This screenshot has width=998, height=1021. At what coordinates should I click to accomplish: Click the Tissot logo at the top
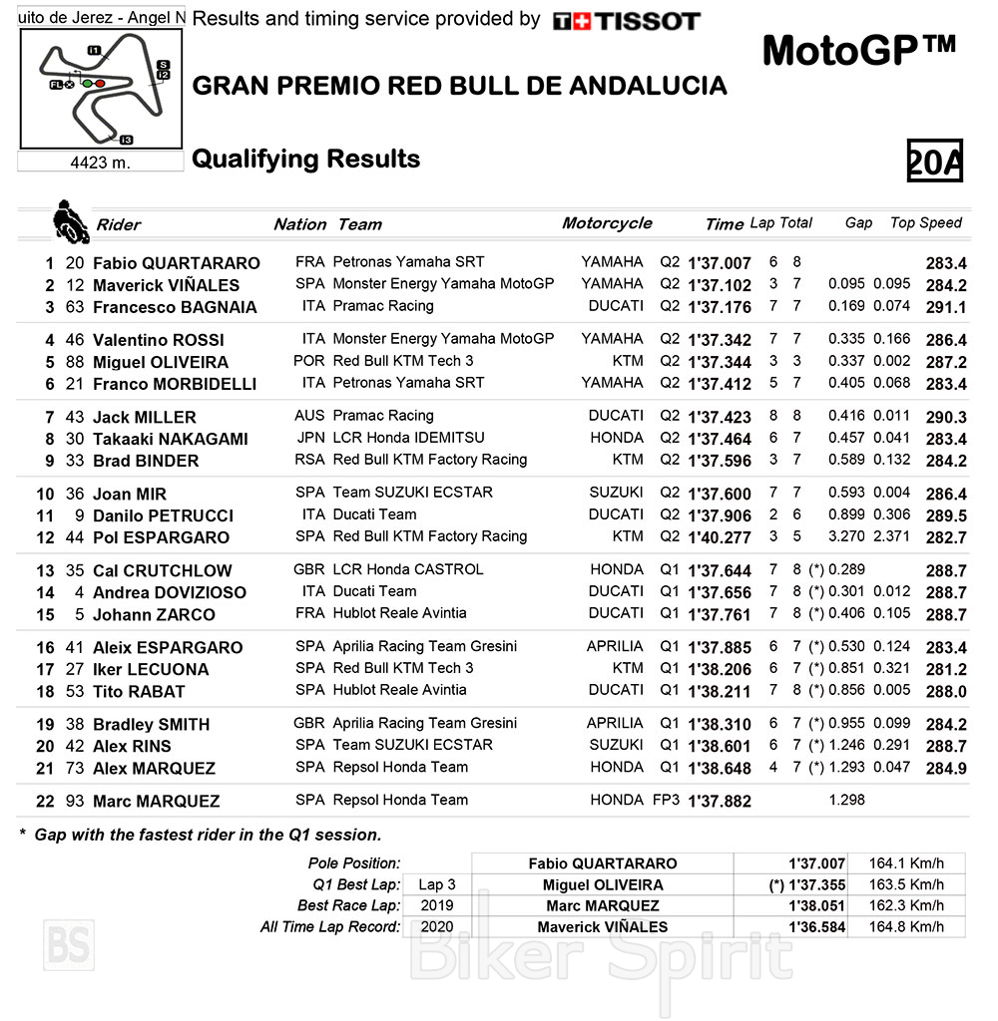pyautogui.click(x=626, y=21)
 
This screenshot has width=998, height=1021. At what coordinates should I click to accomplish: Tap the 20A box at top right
pyautogui.click(x=934, y=161)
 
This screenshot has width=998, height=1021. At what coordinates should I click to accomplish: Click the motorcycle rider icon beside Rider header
pyautogui.click(x=70, y=220)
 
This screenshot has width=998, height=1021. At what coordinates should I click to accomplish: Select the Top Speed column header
pyautogui.click(x=925, y=223)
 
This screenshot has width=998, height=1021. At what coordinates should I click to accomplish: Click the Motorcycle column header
pyautogui.click(x=607, y=223)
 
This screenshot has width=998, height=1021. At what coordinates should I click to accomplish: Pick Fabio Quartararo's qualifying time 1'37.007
pyautogui.click(x=719, y=263)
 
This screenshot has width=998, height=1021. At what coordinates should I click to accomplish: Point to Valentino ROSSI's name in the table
pyautogui.click(x=159, y=340)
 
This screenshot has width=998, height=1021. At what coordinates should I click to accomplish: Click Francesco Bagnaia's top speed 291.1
pyautogui.click(x=946, y=307)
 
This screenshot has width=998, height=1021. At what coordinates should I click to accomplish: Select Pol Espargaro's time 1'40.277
pyautogui.click(x=719, y=537)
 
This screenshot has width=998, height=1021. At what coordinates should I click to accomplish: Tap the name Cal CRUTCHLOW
pyautogui.click(x=162, y=570)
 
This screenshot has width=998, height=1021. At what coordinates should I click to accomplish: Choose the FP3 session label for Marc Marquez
pyautogui.click(x=668, y=800)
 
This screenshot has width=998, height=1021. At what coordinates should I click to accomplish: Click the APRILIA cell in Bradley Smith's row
pyautogui.click(x=615, y=723)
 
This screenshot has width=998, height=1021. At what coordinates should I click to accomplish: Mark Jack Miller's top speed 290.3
pyautogui.click(x=946, y=417)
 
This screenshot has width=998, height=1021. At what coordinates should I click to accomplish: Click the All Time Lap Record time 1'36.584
pyautogui.click(x=816, y=927)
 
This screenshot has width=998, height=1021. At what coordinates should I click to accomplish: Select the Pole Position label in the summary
pyautogui.click(x=356, y=863)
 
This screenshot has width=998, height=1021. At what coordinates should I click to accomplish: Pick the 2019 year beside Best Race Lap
pyautogui.click(x=437, y=905)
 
